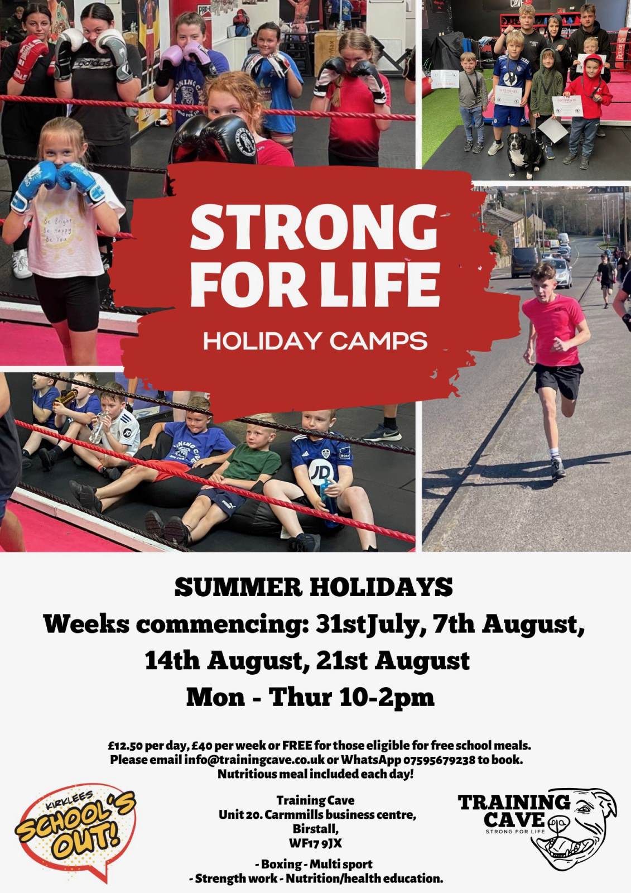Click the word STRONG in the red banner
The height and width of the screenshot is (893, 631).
(x=314, y=227)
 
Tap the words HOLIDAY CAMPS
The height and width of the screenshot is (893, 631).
(x=315, y=341)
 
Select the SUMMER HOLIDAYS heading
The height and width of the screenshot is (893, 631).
(x=314, y=588)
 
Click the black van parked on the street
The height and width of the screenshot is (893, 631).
(x=524, y=262)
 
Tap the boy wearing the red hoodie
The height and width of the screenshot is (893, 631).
(x=586, y=108)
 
